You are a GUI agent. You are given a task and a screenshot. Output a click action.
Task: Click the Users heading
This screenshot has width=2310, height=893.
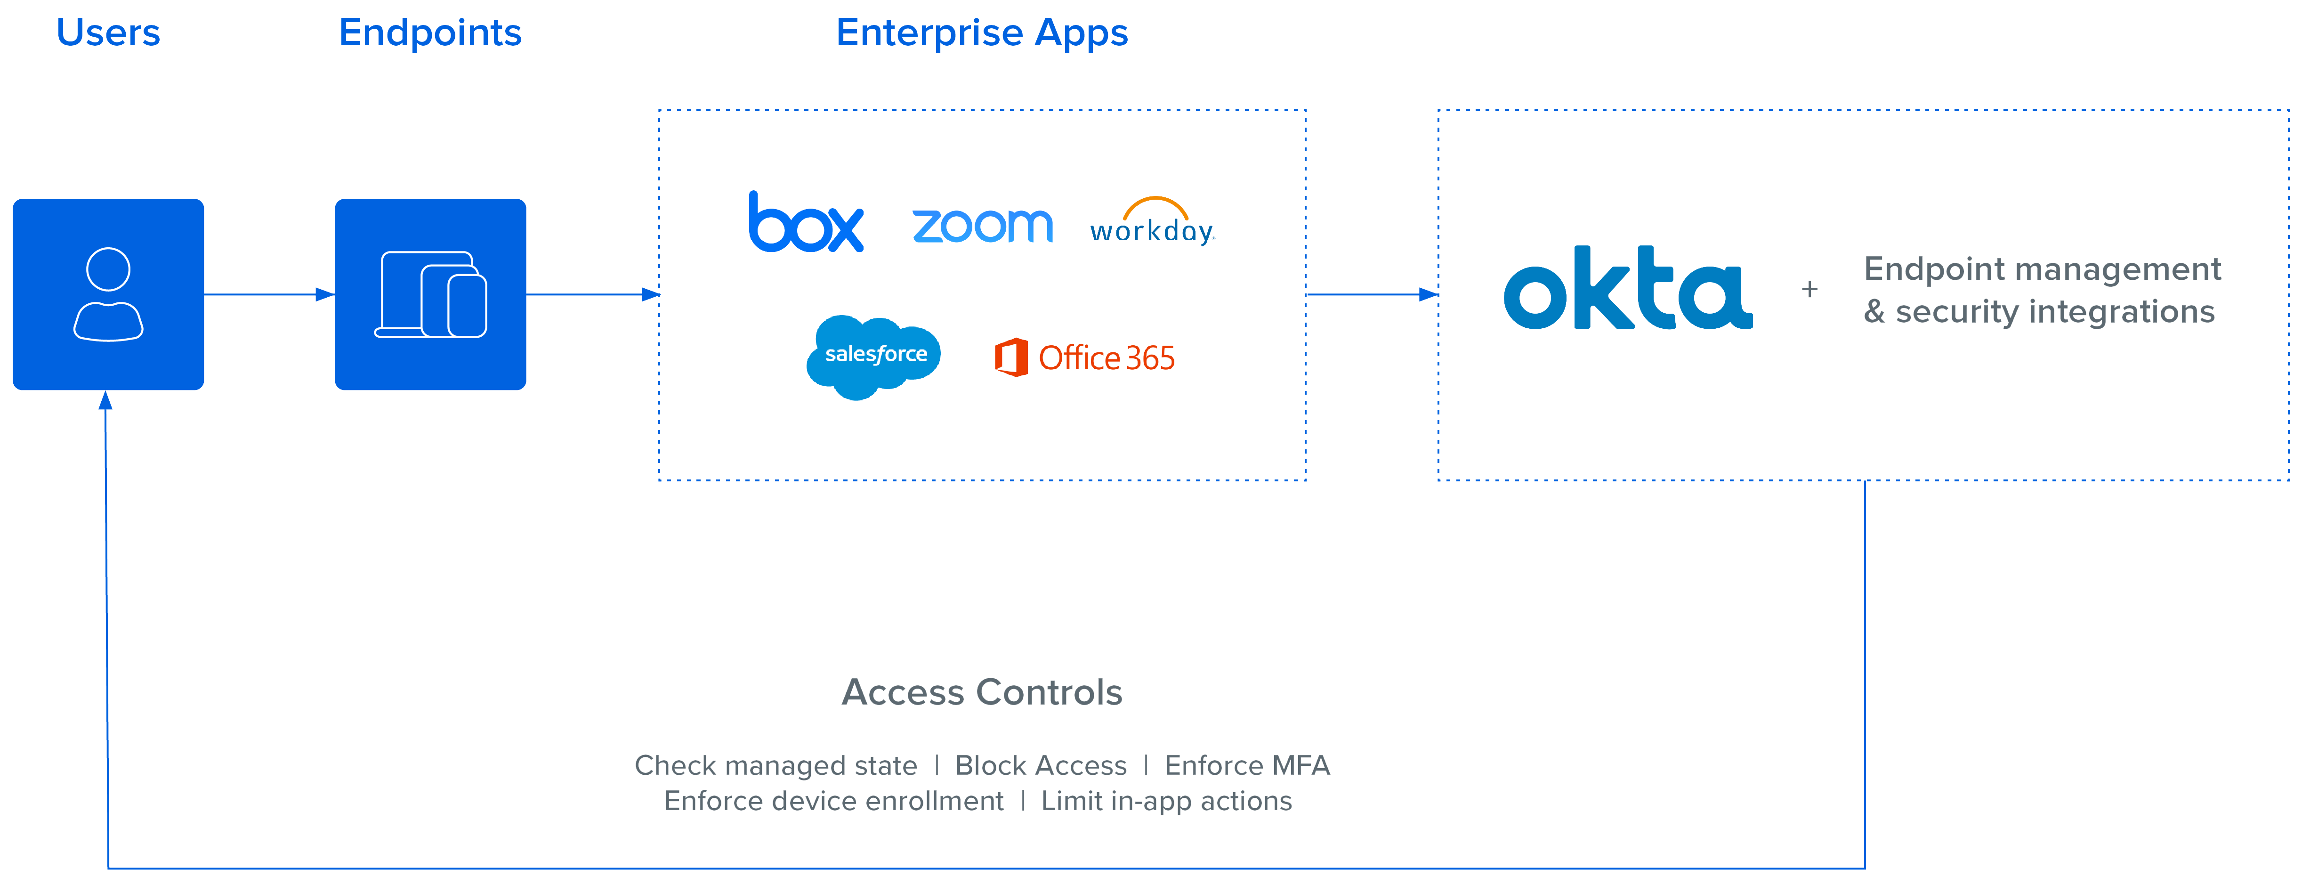(x=108, y=33)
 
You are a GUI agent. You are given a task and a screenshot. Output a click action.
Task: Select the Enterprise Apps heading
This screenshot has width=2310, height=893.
(x=981, y=33)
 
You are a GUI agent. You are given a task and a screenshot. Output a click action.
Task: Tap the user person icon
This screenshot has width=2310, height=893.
(x=108, y=294)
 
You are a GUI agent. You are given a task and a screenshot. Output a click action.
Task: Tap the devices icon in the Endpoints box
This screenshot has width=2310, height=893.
(x=430, y=294)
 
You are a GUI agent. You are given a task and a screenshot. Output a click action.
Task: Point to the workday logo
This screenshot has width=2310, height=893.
(x=1152, y=222)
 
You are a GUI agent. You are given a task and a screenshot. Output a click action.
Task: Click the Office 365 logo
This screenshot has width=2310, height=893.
(x=1085, y=358)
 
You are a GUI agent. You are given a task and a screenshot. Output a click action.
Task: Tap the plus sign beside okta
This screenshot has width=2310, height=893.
(x=1809, y=289)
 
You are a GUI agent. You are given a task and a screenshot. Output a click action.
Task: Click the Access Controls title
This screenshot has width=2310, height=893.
(x=981, y=692)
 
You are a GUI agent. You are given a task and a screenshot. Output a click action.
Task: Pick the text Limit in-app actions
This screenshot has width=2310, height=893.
(x=1166, y=801)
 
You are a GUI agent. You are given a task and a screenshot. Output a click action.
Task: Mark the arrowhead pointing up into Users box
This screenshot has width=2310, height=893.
(x=106, y=401)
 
